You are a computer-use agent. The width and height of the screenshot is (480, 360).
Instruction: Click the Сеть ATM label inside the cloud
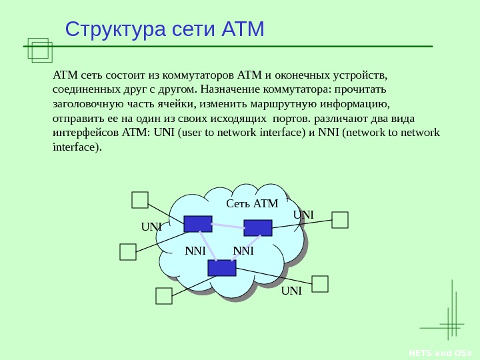pos(252,203)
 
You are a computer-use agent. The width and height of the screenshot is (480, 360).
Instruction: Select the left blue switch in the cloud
pos(198,223)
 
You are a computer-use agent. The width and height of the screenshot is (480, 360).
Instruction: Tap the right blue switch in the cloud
pos(258,227)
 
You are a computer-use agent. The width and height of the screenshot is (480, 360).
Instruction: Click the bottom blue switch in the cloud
pos(222,267)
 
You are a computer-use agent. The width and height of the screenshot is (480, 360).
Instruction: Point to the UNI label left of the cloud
pos(151,227)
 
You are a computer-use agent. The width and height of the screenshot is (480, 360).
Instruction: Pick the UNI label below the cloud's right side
pos(291,291)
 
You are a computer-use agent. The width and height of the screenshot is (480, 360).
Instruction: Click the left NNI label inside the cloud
pos(195,251)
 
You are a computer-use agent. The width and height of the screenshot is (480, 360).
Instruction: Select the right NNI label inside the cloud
pos(243,251)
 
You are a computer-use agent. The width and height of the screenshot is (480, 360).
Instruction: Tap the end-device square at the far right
pos(340,220)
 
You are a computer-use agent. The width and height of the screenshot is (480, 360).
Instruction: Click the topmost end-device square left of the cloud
pos(140,200)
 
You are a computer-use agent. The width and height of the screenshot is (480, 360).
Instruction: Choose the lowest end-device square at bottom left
pos(164,296)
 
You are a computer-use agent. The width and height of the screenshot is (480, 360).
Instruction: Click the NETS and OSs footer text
pos(449,353)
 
